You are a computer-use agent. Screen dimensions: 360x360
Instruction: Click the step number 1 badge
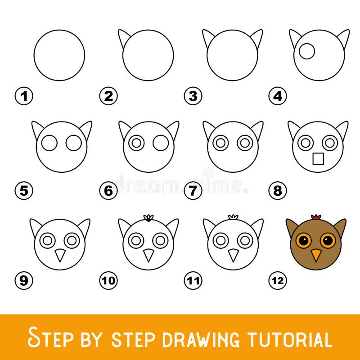[23, 96]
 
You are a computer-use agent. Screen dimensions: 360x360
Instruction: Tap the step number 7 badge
[193, 191]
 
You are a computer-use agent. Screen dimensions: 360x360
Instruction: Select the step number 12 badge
[278, 281]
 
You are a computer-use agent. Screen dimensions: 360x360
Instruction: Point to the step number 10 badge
[108, 281]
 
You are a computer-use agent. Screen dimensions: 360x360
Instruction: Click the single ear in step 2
[124, 39]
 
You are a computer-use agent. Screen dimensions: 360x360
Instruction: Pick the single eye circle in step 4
[307, 52]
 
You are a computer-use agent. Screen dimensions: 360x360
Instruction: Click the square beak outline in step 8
[318, 159]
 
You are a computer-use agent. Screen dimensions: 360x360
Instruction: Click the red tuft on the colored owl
[316, 217]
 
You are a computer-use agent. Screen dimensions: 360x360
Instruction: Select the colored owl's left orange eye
[304, 240]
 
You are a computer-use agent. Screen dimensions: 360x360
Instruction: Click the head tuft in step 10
[148, 218]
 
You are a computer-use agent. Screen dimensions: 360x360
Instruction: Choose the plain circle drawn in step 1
[59, 55]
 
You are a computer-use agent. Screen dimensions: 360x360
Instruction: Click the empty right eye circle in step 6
[161, 144]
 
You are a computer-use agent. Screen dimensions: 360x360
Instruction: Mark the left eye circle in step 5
[49, 144]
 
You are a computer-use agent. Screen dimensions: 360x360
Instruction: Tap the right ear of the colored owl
[340, 227]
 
